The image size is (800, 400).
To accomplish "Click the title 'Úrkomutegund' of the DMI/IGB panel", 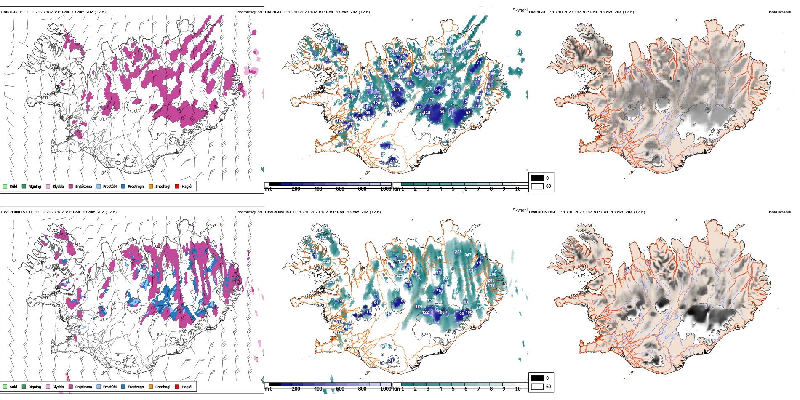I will (248, 12).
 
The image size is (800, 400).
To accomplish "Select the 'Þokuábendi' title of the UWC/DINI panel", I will (780, 212).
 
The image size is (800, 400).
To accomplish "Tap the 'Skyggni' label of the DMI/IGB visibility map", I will (520, 10).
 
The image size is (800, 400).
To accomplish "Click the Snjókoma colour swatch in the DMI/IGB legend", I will (71, 186).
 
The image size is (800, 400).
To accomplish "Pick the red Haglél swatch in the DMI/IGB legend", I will (177, 186).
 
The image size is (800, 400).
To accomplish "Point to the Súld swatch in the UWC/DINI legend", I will (5, 387).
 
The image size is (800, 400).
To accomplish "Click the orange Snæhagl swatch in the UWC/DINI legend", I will (151, 387).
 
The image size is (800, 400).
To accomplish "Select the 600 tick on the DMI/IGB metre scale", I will (340, 189).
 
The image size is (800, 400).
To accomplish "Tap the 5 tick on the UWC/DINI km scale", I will (453, 389).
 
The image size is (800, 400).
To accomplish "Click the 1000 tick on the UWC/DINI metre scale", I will (386, 389).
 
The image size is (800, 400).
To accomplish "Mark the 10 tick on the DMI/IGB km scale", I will (518, 189).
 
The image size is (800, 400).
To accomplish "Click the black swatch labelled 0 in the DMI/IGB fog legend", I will (537, 178).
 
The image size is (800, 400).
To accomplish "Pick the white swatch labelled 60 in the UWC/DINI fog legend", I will (537, 387).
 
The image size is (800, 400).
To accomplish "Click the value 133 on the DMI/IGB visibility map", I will (397, 90).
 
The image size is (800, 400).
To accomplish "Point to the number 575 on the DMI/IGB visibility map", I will (429, 89).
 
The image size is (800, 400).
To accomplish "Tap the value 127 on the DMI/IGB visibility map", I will (392, 161).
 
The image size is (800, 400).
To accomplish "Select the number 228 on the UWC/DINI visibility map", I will (458, 252).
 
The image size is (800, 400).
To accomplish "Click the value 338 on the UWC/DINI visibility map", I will (326, 261).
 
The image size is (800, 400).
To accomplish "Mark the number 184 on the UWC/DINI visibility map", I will (419, 307).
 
